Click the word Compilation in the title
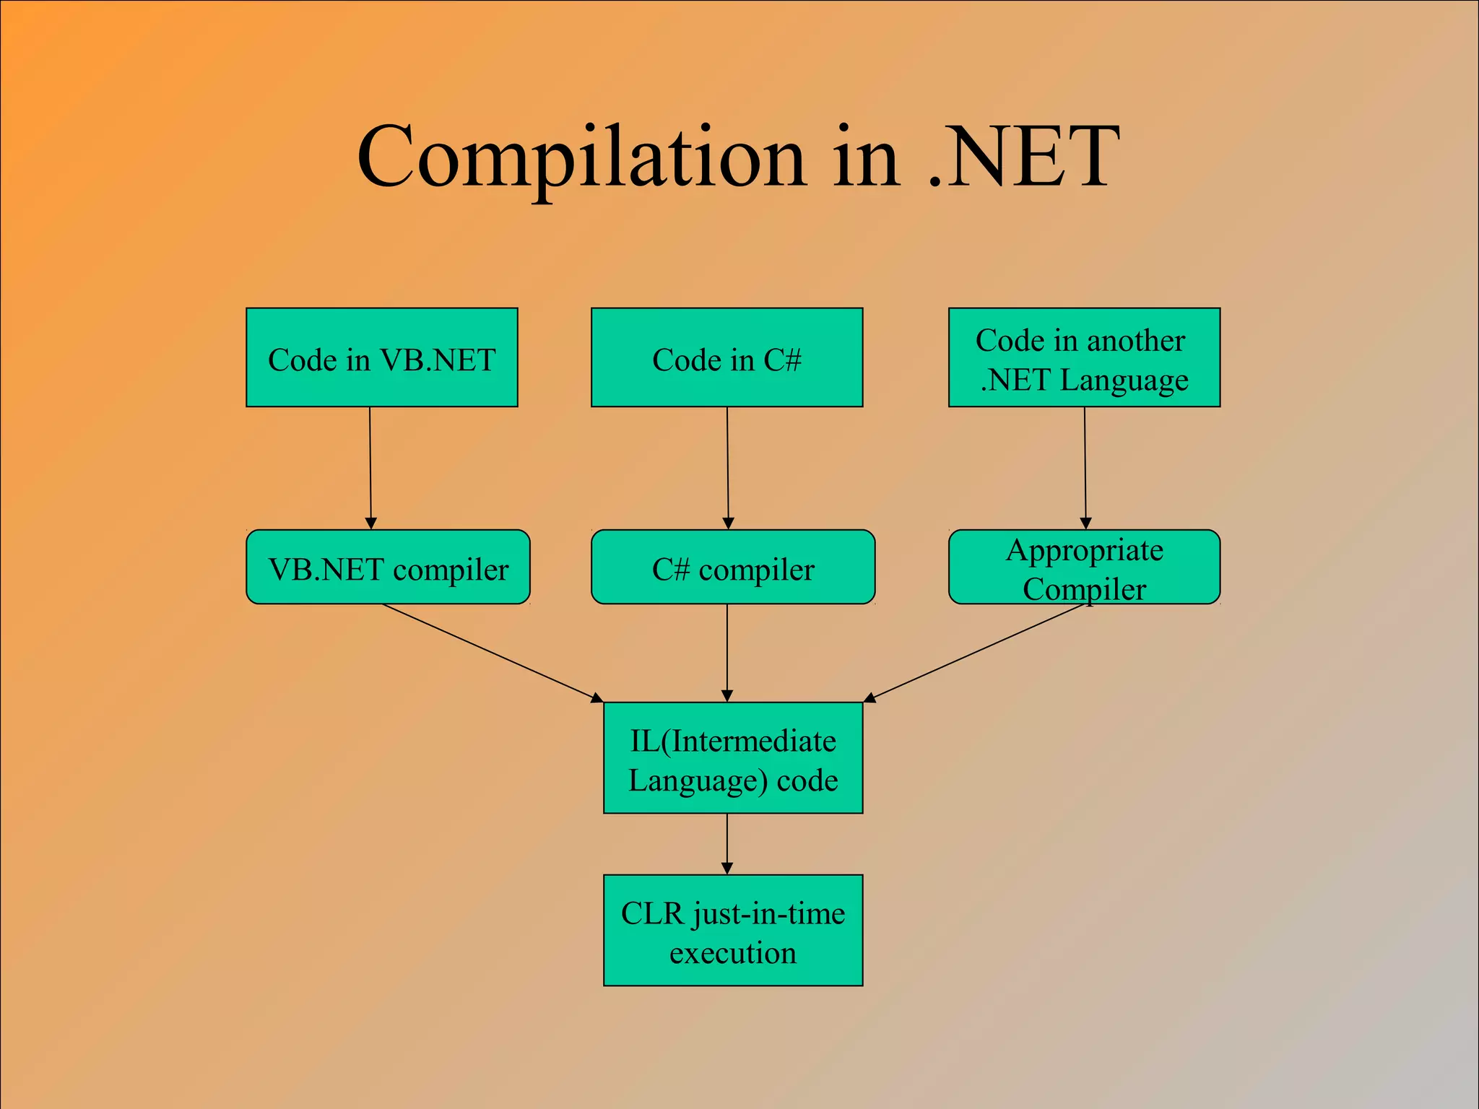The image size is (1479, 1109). [581, 157]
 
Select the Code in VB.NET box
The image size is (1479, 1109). [381, 358]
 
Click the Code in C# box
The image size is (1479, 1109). [727, 358]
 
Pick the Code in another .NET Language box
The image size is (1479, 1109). [1084, 358]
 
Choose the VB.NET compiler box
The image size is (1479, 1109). [388, 567]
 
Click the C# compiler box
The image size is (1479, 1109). [732, 567]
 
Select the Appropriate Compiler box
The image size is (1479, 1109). [1084, 567]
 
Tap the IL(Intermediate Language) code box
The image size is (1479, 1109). [733, 758]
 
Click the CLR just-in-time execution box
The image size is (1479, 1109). [733, 931]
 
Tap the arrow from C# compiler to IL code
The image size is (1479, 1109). [727, 653]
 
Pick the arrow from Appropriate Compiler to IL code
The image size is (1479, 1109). [975, 653]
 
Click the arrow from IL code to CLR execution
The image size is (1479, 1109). [727, 844]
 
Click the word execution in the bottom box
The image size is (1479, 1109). [733, 953]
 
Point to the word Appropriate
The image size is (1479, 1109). [1085, 551]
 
